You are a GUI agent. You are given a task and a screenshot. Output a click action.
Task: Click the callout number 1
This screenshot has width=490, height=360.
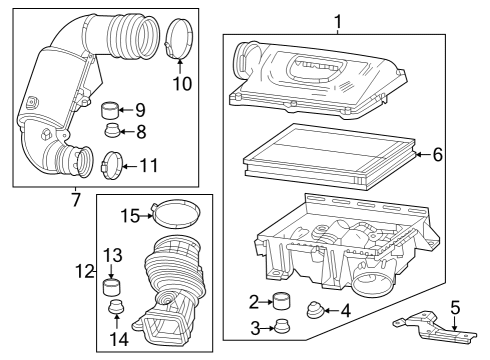coord(338,20)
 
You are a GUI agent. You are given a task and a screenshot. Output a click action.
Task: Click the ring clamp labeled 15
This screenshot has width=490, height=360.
coord(172,213)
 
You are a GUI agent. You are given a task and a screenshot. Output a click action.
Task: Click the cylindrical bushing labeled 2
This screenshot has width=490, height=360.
coord(283,300)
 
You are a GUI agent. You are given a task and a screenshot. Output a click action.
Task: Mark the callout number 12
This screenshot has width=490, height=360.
coord(84,270)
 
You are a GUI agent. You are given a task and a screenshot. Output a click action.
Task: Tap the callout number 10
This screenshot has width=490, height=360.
coord(182,84)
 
